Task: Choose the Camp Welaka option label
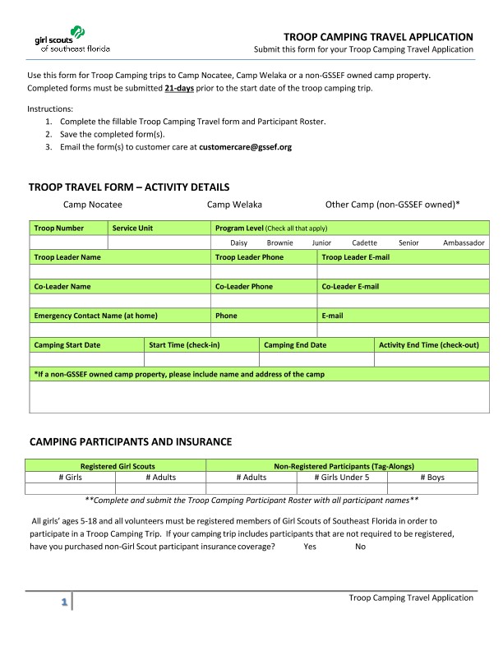[234, 205]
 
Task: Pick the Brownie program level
[279, 243]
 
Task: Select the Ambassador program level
[464, 243]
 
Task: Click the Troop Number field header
[58, 228]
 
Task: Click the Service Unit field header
[132, 228]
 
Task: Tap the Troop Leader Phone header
[249, 257]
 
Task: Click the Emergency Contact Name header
[95, 316]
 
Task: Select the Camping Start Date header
[67, 345]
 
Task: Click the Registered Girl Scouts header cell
[117, 466]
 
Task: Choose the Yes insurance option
[310, 547]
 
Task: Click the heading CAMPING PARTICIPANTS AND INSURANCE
[130, 442]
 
